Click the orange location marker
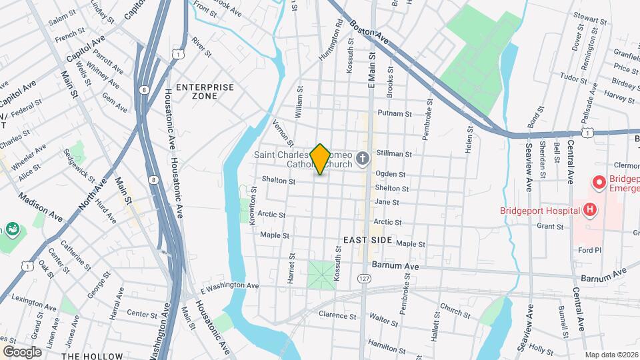[x=320, y=159]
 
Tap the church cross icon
[x=363, y=159]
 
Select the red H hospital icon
[x=589, y=210]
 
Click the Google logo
[x=22, y=351]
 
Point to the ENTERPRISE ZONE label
[x=205, y=91]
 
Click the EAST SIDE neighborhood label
[x=367, y=239]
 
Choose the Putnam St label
[x=391, y=113]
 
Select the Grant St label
[x=551, y=227]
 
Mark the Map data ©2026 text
[x=611, y=355]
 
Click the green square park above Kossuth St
[x=321, y=274]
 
